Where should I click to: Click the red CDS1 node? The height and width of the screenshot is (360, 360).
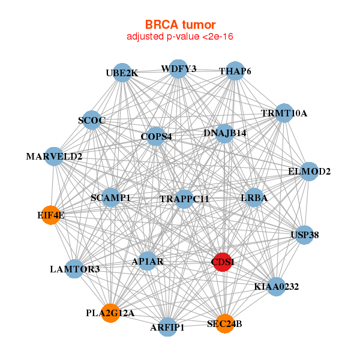click(223, 262)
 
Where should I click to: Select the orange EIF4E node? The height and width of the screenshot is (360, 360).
click(51, 215)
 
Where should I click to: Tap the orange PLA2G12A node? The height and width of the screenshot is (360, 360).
click(110, 313)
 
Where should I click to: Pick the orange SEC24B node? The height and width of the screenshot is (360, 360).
click(224, 324)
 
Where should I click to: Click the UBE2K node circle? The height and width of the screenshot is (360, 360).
click(122, 73)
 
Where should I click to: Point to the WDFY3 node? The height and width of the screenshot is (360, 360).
click(178, 69)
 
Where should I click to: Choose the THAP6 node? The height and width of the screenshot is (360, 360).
click(235, 71)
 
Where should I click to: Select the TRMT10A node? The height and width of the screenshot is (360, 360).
click(284, 113)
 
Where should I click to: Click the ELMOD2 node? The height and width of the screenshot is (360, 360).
click(309, 172)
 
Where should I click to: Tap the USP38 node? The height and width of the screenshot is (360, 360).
click(305, 235)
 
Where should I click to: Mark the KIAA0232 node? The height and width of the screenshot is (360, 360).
click(277, 287)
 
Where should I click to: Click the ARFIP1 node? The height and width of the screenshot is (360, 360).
click(167, 327)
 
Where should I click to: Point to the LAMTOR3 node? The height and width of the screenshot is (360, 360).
click(75, 269)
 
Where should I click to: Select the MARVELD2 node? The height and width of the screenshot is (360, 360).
click(54, 157)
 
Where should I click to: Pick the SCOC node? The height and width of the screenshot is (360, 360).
click(92, 121)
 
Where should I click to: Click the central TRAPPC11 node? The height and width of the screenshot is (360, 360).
click(184, 199)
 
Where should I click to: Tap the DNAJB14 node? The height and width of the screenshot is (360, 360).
click(225, 133)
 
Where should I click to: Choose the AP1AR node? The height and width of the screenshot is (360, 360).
click(148, 262)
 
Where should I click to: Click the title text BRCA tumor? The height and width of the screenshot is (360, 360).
click(180, 25)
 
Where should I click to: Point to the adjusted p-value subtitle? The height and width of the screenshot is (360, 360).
click(180, 37)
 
